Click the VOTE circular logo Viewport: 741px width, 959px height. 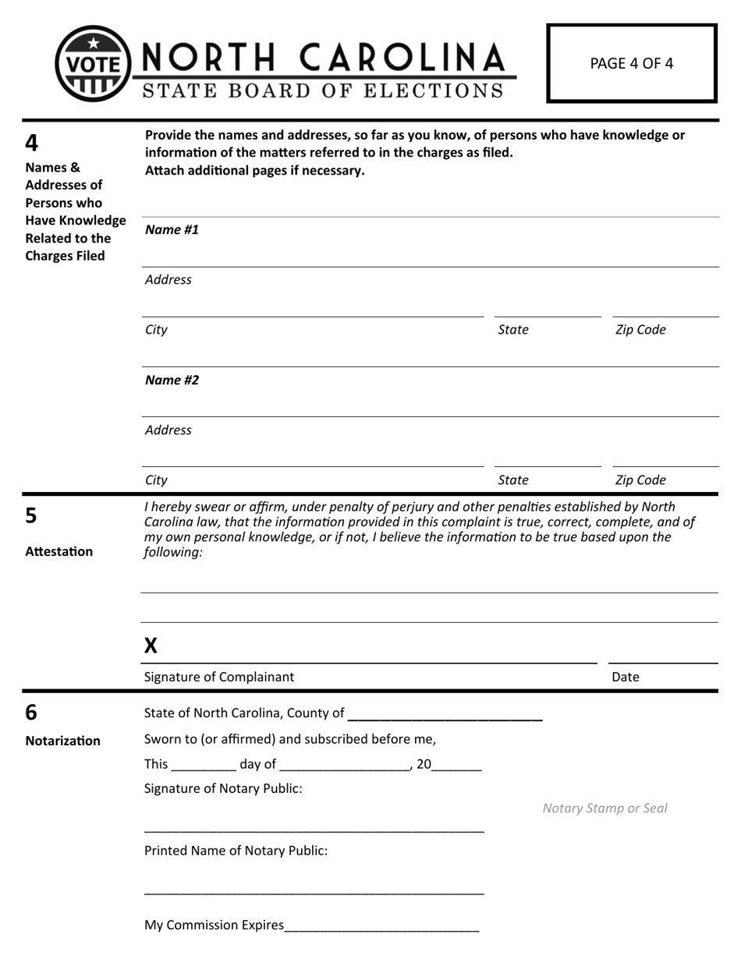click(91, 63)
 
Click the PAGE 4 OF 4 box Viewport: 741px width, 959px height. click(631, 64)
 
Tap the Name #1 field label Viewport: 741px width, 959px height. click(172, 229)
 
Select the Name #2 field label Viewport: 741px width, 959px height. click(172, 380)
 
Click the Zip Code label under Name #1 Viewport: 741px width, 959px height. click(640, 329)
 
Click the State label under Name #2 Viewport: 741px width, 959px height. click(512, 479)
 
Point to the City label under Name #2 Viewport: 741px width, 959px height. click(156, 479)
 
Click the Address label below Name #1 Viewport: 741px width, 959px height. click(168, 279)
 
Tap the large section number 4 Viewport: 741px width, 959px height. click(32, 143)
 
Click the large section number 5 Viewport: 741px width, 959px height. click(32, 515)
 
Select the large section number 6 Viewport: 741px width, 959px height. click(32, 712)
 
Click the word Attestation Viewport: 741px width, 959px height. click(58, 551)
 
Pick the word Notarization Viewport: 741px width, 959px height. click(62, 740)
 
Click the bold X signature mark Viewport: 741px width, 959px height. click(151, 645)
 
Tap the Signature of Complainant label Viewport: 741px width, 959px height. click(219, 677)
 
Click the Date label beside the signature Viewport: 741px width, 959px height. click(625, 677)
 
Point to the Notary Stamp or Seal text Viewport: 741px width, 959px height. click(604, 808)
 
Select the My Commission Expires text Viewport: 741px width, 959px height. click(214, 925)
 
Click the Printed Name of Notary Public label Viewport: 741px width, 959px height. click(236, 850)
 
